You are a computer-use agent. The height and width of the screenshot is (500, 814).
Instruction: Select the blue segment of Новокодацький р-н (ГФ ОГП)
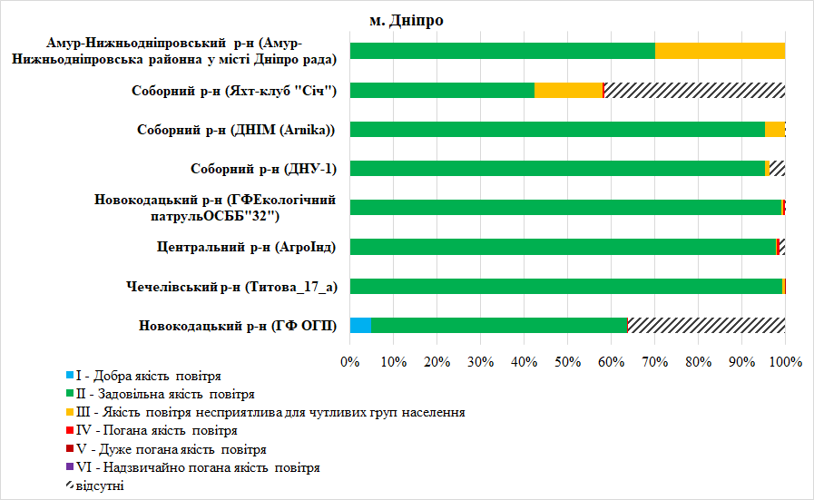(360, 326)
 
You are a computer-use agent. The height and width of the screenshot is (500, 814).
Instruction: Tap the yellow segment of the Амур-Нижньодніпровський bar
(720, 51)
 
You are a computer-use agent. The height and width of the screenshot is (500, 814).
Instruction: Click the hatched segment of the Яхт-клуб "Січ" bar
(694, 90)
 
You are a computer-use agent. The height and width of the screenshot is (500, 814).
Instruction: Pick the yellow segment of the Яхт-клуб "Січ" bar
(568, 90)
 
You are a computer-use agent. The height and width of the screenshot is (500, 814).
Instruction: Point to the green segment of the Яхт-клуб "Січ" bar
(442, 90)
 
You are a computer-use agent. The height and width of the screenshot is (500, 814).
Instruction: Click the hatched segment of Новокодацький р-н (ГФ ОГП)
(706, 326)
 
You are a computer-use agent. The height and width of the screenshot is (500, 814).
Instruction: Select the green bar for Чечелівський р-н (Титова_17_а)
(565, 287)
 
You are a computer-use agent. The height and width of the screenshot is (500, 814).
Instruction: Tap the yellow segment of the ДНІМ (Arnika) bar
(774, 129)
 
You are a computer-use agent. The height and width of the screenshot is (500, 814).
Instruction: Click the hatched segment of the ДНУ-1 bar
(778, 168)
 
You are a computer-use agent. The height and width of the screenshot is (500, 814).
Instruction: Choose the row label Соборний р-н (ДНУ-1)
(264, 169)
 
